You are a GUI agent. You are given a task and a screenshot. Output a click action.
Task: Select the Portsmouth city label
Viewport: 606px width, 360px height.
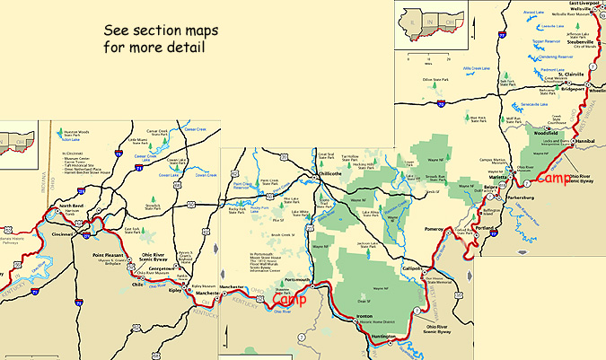tap(270, 280)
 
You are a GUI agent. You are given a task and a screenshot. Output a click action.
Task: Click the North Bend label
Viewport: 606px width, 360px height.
tap(71, 206)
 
